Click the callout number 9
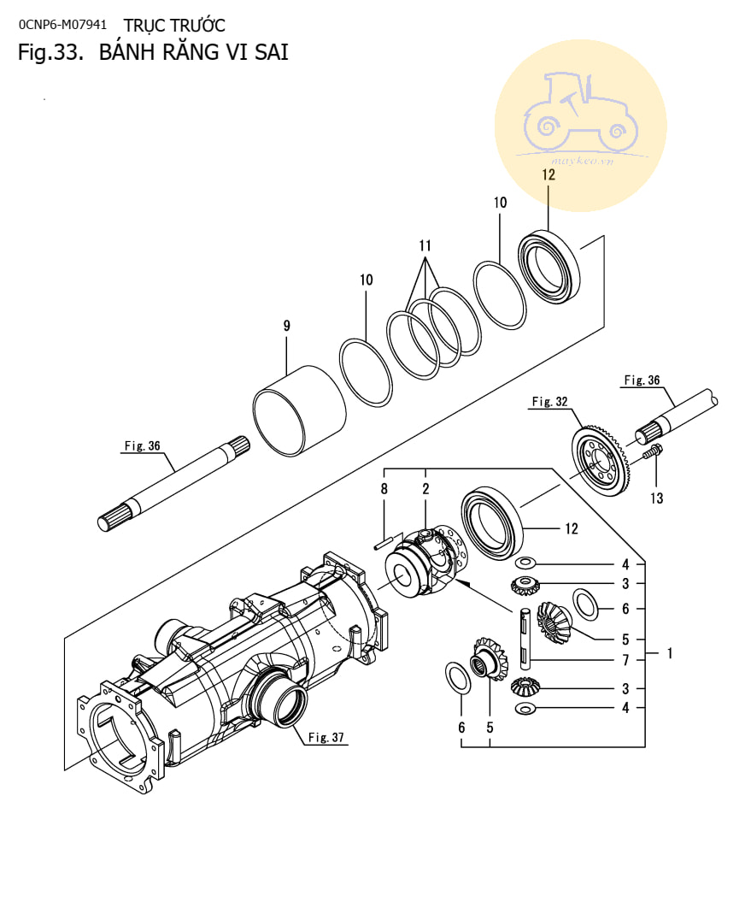[x=286, y=326]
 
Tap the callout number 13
[x=656, y=498]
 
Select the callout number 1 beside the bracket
[x=670, y=653]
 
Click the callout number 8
[x=384, y=489]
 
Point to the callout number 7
[x=625, y=659]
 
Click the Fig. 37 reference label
[x=326, y=737]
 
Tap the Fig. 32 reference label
[x=549, y=401]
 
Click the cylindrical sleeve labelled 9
[x=300, y=410]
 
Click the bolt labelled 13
[x=652, y=451]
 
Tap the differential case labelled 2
[x=427, y=562]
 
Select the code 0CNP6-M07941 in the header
[x=62, y=25]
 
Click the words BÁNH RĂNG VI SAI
[x=193, y=52]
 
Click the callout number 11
[x=425, y=246]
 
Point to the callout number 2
[x=425, y=489]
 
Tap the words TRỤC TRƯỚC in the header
[x=174, y=26]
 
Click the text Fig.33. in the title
[x=51, y=52]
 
